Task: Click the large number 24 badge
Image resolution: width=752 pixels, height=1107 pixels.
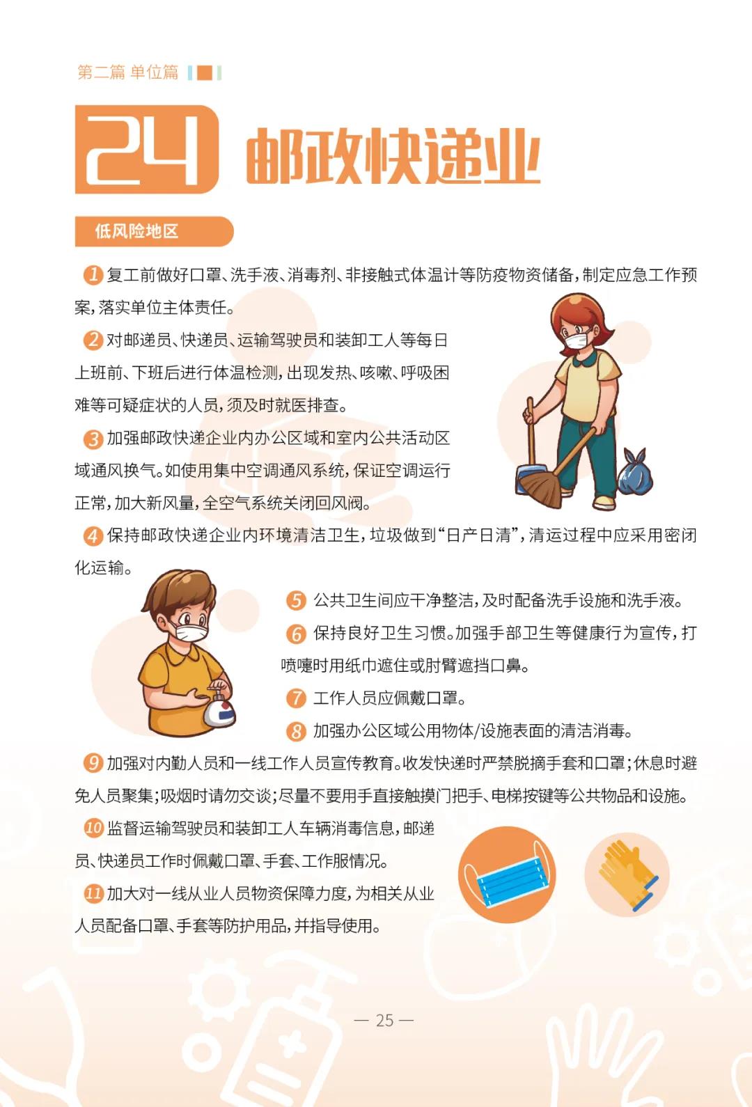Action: pyautogui.click(x=147, y=149)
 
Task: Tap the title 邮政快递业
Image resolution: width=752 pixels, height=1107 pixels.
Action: pyautogui.click(x=392, y=156)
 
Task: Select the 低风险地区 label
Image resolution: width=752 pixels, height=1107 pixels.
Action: pyautogui.click(x=137, y=230)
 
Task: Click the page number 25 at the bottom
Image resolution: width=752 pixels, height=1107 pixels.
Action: pyautogui.click(x=384, y=1021)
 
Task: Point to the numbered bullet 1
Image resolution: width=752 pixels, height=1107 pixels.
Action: pyautogui.click(x=93, y=275)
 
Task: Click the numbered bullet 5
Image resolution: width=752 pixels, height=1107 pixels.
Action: pyautogui.click(x=296, y=600)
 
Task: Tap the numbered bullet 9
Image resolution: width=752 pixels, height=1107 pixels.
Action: pyautogui.click(x=93, y=763)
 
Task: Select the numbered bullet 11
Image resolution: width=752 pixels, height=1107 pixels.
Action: pyautogui.click(x=93, y=893)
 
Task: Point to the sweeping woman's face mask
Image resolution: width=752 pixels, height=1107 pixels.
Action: pyautogui.click(x=577, y=340)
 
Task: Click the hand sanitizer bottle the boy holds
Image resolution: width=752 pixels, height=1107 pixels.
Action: pyautogui.click(x=219, y=707)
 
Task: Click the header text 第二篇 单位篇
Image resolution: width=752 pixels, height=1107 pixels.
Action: pyautogui.click(x=127, y=72)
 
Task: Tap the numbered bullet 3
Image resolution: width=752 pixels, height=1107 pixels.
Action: pyautogui.click(x=93, y=438)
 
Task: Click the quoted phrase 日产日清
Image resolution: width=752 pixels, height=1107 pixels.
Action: pyautogui.click(x=478, y=535)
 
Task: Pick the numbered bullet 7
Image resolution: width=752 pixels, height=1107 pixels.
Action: pyautogui.click(x=296, y=698)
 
